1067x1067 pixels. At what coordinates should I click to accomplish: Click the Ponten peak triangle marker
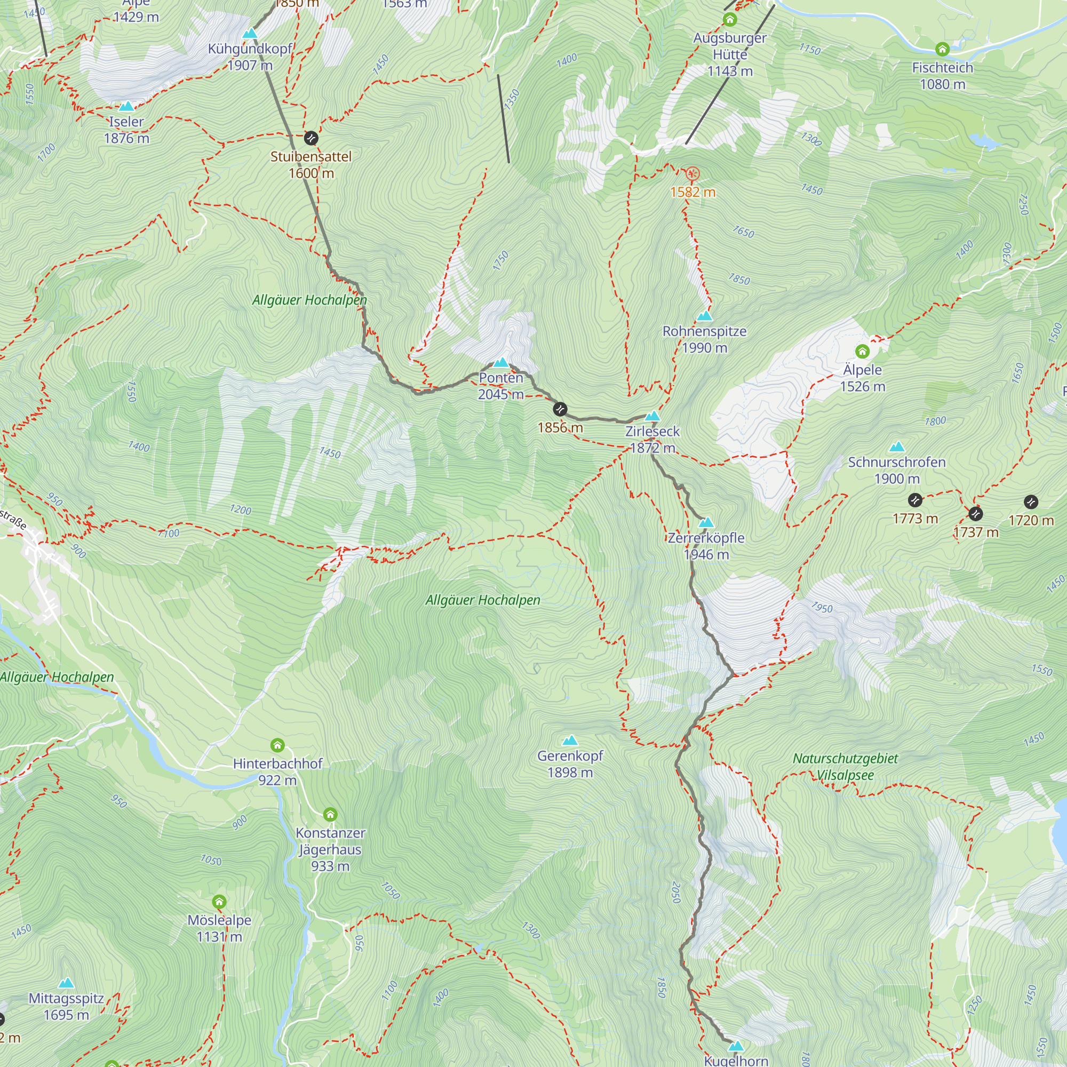[501, 363]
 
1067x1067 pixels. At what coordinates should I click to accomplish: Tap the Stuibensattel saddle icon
[311, 138]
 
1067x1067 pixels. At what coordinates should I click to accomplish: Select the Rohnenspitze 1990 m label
[704, 339]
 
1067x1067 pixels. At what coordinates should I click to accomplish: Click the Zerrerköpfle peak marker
[706, 522]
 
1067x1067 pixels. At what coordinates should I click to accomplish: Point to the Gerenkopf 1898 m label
[570, 764]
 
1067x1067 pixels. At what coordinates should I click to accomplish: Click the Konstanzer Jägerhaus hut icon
[330, 815]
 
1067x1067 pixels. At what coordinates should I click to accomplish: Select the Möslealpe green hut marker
[219, 902]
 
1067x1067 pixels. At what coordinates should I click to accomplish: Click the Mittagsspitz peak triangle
[66, 983]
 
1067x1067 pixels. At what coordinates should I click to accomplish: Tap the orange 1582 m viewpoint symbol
[692, 174]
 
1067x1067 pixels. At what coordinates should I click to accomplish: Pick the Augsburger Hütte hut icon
[729, 20]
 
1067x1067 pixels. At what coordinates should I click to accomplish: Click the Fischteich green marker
[942, 50]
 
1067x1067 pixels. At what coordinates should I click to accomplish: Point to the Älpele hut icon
[862, 351]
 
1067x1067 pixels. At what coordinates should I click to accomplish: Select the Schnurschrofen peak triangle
[897, 446]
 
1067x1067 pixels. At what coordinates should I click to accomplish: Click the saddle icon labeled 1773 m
[915, 500]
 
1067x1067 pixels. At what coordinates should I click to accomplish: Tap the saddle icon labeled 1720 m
[1031, 502]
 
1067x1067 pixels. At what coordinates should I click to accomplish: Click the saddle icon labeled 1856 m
[560, 409]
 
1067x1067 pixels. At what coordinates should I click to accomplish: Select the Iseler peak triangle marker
[126, 106]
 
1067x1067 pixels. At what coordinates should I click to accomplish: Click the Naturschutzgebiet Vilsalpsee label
[845, 767]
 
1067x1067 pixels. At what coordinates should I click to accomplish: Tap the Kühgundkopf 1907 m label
[250, 57]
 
